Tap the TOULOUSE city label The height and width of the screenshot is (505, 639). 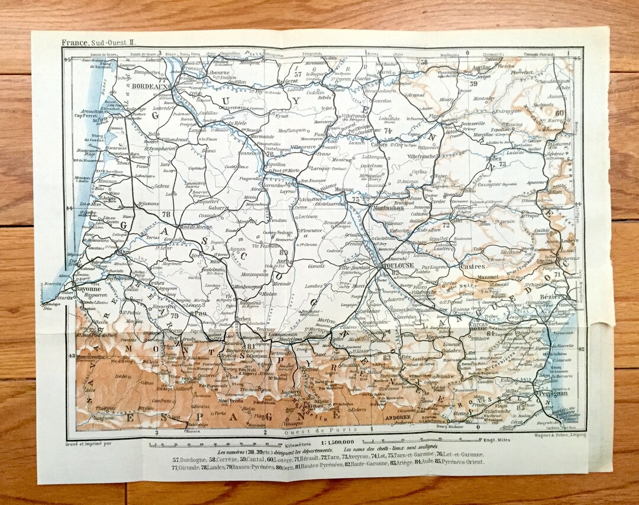[401, 266]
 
